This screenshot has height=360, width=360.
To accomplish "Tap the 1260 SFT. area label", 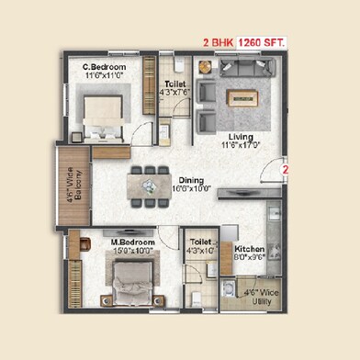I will pyautogui.click(x=263, y=40).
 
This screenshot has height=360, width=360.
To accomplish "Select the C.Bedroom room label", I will pyautogui.click(x=104, y=67).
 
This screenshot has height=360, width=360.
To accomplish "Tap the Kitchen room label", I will pyautogui.click(x=249, y=249).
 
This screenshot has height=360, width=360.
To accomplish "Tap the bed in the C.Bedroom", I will pyautogui.click(x=103, y=114).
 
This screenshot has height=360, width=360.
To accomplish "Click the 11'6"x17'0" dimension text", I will pyautogui.click(x=240, y=144).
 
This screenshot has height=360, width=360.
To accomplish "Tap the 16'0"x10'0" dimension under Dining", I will pyautogui.click(x=192, y=188).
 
